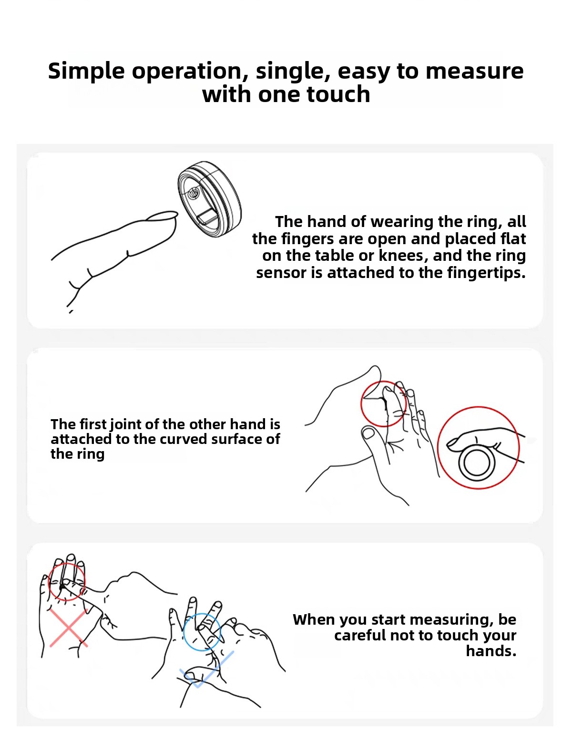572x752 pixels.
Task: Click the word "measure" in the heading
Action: pyautogui.click(x=474, y=71)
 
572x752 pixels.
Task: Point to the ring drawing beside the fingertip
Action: pyautogui.click(x=209, y=199)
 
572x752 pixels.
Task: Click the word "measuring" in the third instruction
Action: pyautogui.click(x=432, y=620)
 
